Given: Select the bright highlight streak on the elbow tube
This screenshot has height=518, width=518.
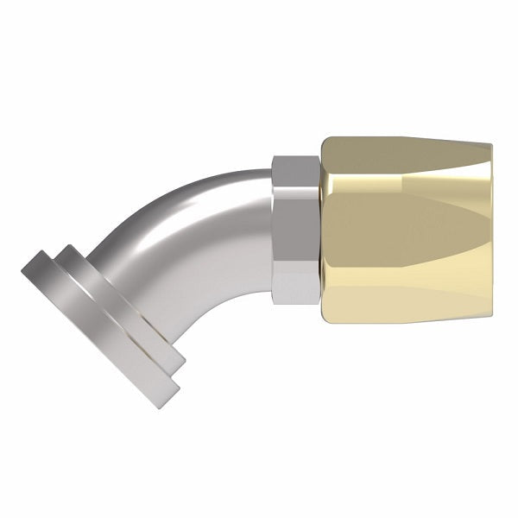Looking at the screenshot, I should pyautogui.click(x=186, y=203).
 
